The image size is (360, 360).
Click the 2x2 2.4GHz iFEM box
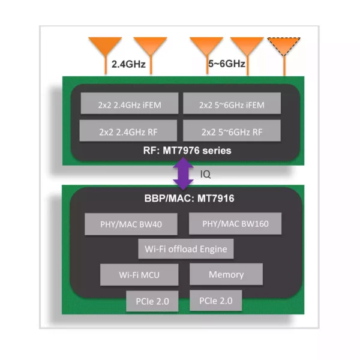(129, 104)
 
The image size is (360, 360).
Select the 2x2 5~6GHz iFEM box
(232, 104)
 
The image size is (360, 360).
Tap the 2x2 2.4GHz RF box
(129, 131)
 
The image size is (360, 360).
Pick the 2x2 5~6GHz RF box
(232, 131)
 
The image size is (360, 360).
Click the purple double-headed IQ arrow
(183, 174)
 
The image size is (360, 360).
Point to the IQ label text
(204, 175)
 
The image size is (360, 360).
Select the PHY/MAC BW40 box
(131, 226)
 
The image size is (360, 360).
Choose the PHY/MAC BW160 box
(231, 224)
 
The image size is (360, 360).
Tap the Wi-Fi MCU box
(139, 275)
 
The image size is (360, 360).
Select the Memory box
(226, 274)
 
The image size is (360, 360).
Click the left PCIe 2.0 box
(152, 301)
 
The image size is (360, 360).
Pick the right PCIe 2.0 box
(216, 300)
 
